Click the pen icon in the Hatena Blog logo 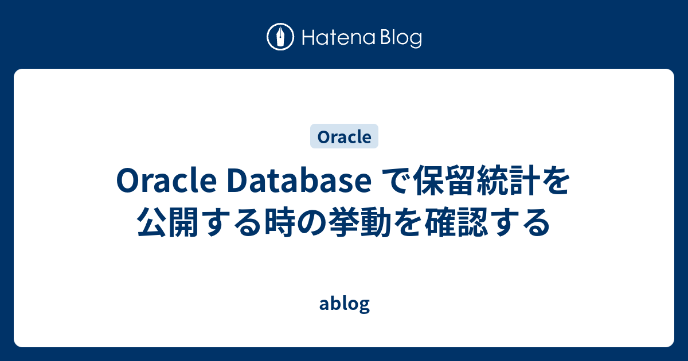coord(280,38)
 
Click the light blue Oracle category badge coord(344,137)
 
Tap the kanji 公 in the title coord(154,222)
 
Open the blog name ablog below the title coord(344,304)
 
